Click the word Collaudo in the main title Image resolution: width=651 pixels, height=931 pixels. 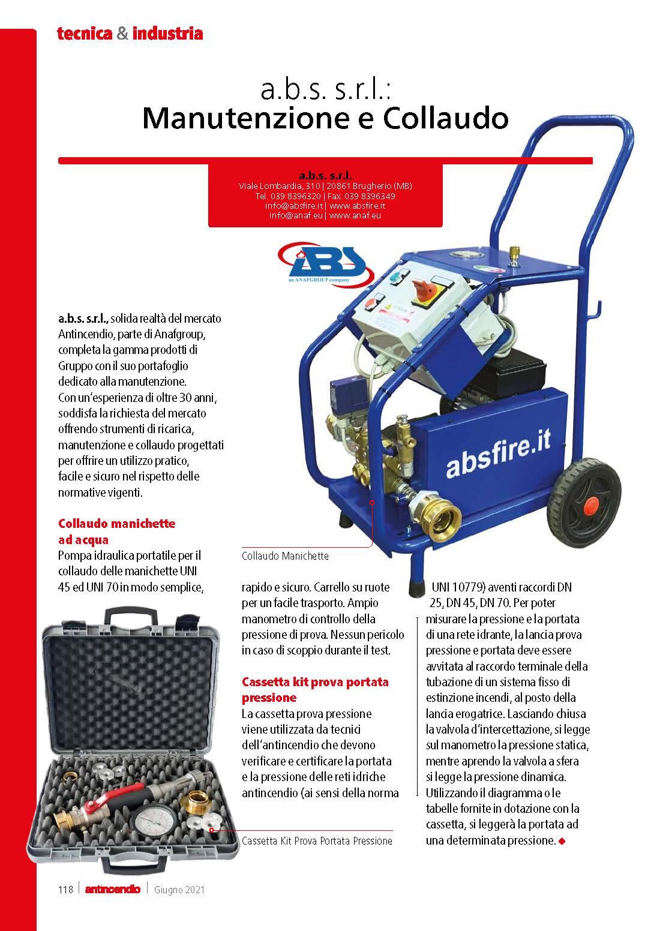click(445, 119)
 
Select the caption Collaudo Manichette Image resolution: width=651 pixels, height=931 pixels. click(285, 556)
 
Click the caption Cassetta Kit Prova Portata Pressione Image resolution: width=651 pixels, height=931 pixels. click(317, 841)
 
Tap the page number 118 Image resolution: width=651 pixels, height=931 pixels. click(65, 889)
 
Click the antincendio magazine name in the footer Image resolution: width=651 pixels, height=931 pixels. click(113, 889)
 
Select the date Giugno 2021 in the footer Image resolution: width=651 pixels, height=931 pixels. click(179, 890)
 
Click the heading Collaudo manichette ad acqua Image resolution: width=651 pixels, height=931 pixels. click(116, 531)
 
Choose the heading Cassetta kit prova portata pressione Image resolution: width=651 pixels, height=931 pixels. click(315, 689)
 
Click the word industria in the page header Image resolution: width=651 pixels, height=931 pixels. click(167, 34)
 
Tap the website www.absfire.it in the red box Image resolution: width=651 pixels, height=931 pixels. click(358, 205)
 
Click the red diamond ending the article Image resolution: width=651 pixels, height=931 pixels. click(562, 841)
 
